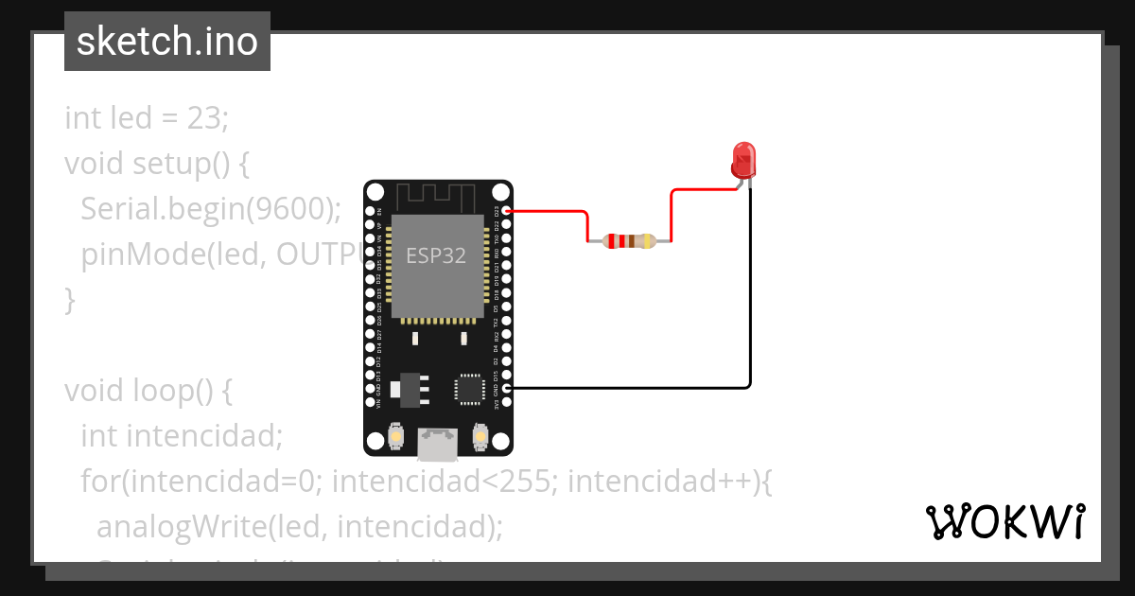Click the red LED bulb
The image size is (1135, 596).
tap(744, 161)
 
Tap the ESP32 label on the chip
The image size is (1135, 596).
tap(436, 255)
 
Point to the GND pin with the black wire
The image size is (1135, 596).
tap(507, 388)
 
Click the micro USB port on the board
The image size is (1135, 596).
tap(438, 444)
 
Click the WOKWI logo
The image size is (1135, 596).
tap(1004, 521)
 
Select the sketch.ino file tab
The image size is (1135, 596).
tap(167, 42)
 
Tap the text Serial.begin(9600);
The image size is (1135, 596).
tap(210, 209)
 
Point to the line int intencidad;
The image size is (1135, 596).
tap(182, 436)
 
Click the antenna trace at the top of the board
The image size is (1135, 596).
tap(435, 198)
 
